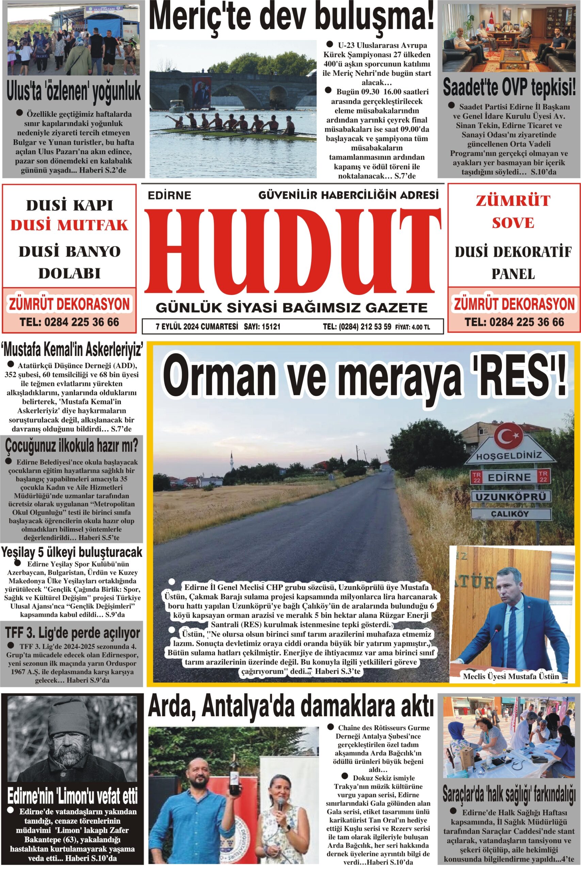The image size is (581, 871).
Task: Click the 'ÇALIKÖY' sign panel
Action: tap(510, 514)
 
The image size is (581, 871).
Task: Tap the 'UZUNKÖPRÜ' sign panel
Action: tap(510, 496)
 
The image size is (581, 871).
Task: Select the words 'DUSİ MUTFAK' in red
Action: tap(69, 225)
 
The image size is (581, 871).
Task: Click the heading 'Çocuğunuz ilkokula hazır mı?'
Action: tap(71, 446)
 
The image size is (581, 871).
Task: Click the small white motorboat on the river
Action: tap(177, 106)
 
